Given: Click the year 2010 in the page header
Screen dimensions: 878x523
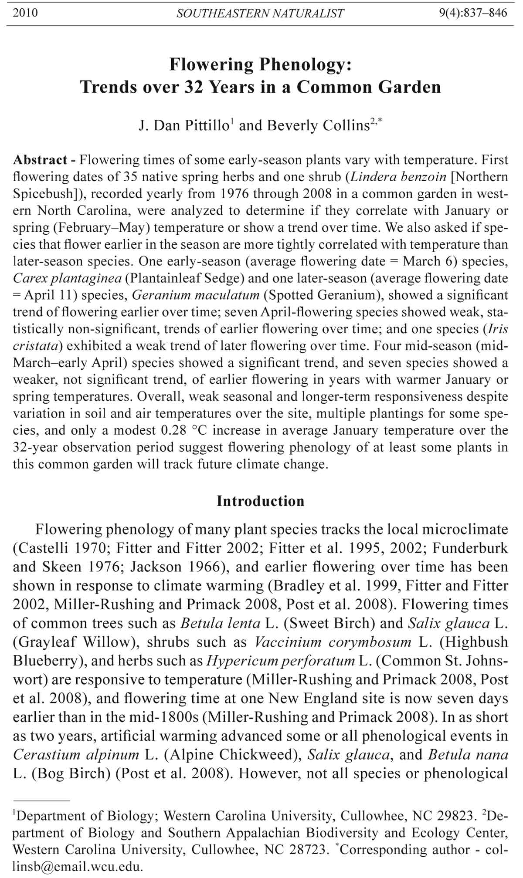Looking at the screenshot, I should [x=25, y=13].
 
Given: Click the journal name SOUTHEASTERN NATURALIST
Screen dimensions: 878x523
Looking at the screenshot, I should [x=260, y=14].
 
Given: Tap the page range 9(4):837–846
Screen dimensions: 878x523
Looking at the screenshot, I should [x=472, y=13].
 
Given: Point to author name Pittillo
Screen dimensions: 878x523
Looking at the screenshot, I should [x=205, y=126].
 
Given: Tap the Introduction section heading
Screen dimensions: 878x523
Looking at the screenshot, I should [x=261, y=501].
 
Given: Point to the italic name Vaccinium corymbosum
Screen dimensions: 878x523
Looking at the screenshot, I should [x=333, y=642].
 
